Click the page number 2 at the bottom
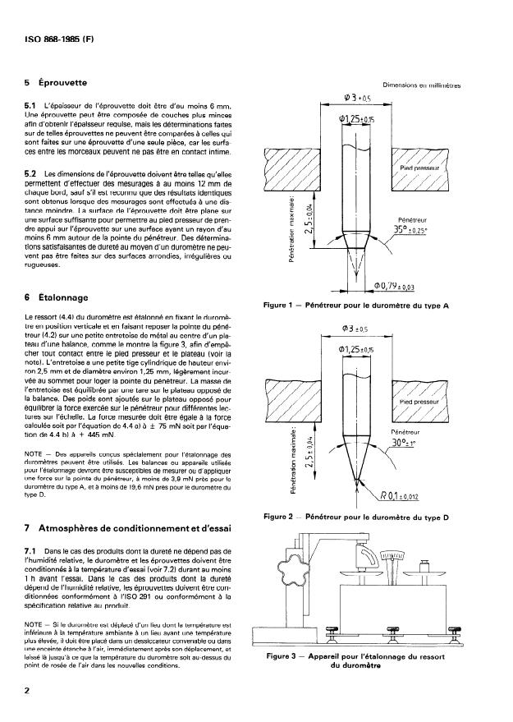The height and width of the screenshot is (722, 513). click(x=28, y=692)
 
